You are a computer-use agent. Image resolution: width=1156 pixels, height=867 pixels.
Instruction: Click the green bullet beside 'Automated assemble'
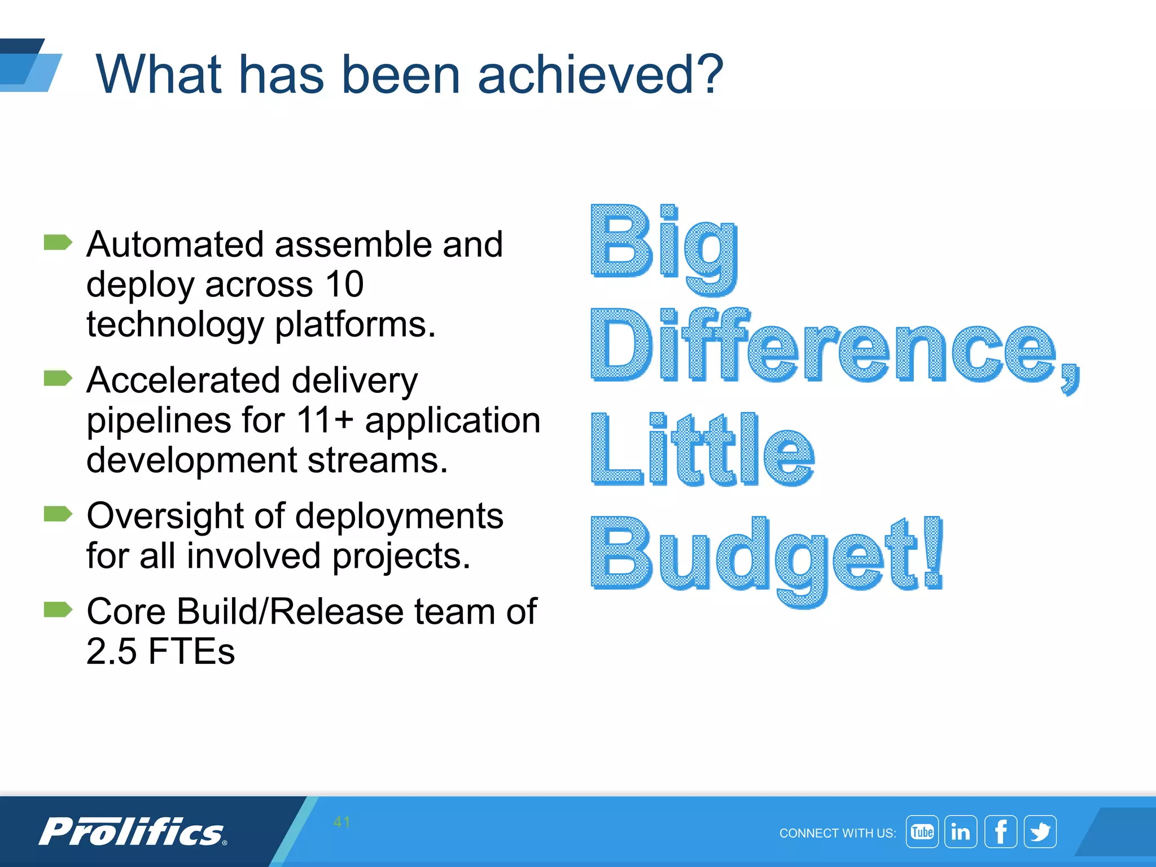point(58,243)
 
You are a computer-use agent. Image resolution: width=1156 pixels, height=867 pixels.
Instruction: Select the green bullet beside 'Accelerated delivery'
point(58,378)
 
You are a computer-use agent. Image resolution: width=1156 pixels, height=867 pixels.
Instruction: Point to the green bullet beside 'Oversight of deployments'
point(58,514)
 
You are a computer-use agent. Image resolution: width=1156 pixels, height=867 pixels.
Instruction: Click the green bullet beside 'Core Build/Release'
point(58,610)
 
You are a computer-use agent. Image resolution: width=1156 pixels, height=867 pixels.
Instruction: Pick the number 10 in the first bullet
point(344,284)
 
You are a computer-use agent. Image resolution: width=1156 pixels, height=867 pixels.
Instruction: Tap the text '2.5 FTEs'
point(160,651)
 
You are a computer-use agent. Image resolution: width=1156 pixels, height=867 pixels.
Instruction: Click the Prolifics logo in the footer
point(132,832)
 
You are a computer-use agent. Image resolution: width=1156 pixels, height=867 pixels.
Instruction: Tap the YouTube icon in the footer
point(922,831)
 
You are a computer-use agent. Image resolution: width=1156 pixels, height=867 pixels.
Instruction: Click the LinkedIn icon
point(961,831)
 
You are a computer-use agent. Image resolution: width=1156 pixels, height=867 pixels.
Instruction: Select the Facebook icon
point(1000,831)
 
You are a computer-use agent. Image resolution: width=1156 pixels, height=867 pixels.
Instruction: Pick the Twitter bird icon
point(1040,831)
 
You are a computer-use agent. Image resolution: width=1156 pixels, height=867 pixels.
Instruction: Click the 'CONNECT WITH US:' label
point(837,833)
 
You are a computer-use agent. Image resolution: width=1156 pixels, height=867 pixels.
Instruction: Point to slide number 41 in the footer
point(341,822)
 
